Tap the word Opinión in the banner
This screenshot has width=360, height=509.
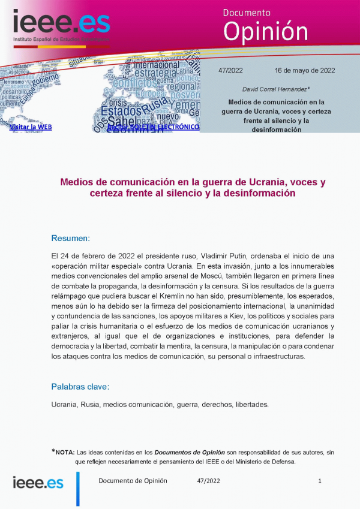pos(265,31)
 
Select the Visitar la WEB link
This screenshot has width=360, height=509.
pos(31,127)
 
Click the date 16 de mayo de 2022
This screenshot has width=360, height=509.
pos(305,70)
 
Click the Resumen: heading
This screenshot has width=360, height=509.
pos(70,238)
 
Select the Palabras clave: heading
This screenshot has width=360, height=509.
pos(80,386)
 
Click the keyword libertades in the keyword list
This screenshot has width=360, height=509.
pos(252,404)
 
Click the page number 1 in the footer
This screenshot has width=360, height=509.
pos(320,481)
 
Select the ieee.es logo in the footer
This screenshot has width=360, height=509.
pos(38,483)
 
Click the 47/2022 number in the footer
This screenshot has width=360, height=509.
pos(208,481)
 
